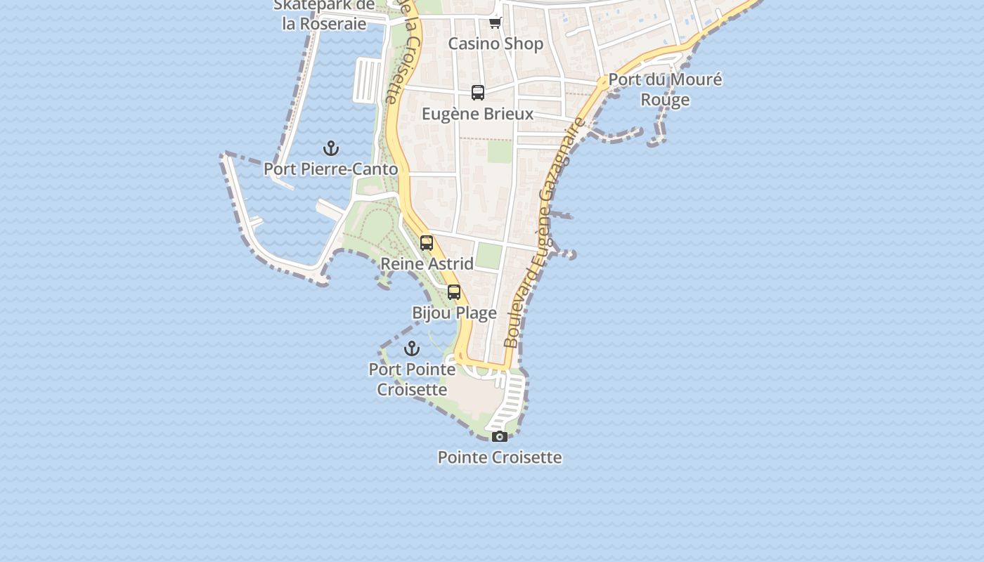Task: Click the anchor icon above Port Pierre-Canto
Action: (x=331, y=148)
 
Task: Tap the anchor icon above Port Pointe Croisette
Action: (x=412, y=348)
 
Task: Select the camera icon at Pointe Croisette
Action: (x=500, y=436)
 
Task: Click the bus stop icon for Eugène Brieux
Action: (x=478, y=93)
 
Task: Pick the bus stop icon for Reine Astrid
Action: (x=427, y=243)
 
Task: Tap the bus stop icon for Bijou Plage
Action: (x=454, y=292)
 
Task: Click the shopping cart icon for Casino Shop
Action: (x=496, y=22)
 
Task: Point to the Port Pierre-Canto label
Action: (x=331, y=169)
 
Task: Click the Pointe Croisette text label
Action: (x=500, y=457)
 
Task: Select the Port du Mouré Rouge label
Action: (x=665, y=89)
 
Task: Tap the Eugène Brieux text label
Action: (x=478, y=114)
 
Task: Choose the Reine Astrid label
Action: (x=427, y=264)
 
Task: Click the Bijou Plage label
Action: (x=454, y=313)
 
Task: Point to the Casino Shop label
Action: (x=496, y=44)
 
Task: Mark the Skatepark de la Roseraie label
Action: (x=324, y=14)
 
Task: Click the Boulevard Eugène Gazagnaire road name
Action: (x=545, y=235)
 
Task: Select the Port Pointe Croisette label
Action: (x=412, y=379)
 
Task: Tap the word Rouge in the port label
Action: (x=665, y=100)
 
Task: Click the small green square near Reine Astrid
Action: (x=488, y=255)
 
